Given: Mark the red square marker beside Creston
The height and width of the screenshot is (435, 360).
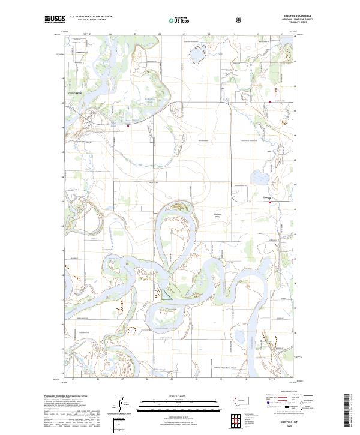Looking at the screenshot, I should point(270,203).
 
